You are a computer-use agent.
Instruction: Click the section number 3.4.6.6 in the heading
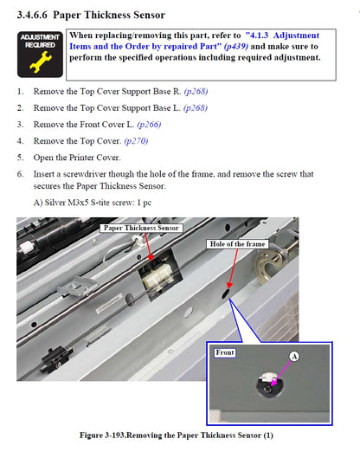tap(32, 15)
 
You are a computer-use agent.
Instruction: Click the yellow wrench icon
tap(41, 62)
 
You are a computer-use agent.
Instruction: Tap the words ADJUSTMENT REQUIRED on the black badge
tap(40, 42)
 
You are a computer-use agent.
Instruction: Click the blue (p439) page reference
tap(236, 47)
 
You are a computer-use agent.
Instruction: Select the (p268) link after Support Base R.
tap(196, 92)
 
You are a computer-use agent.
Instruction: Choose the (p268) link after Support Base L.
tap(196, 108)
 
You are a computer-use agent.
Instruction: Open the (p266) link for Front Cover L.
tap(149, 125)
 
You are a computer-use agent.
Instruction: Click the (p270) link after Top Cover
tap(136, 141)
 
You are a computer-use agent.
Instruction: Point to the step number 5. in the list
tap(20, 158)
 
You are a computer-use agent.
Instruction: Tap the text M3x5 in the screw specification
tap(78, 203)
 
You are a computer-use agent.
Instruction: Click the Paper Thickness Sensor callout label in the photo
tap(141, 228)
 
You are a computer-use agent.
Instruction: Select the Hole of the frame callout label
tap(238, 244)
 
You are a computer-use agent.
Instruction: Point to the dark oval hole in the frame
tap(226, 294)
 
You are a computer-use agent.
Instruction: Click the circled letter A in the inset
tap(294, 357)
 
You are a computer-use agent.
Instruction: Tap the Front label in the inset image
tap(225, 352)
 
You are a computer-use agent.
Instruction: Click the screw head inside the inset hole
tap(267, 389)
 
